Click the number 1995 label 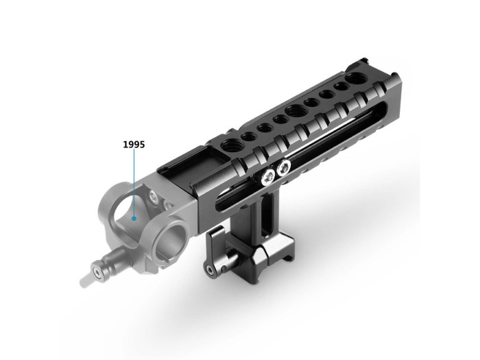click(134, 145)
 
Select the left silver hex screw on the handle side click(265, 178)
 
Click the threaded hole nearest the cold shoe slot click(228, 147)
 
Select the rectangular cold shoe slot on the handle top click(185, 169)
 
